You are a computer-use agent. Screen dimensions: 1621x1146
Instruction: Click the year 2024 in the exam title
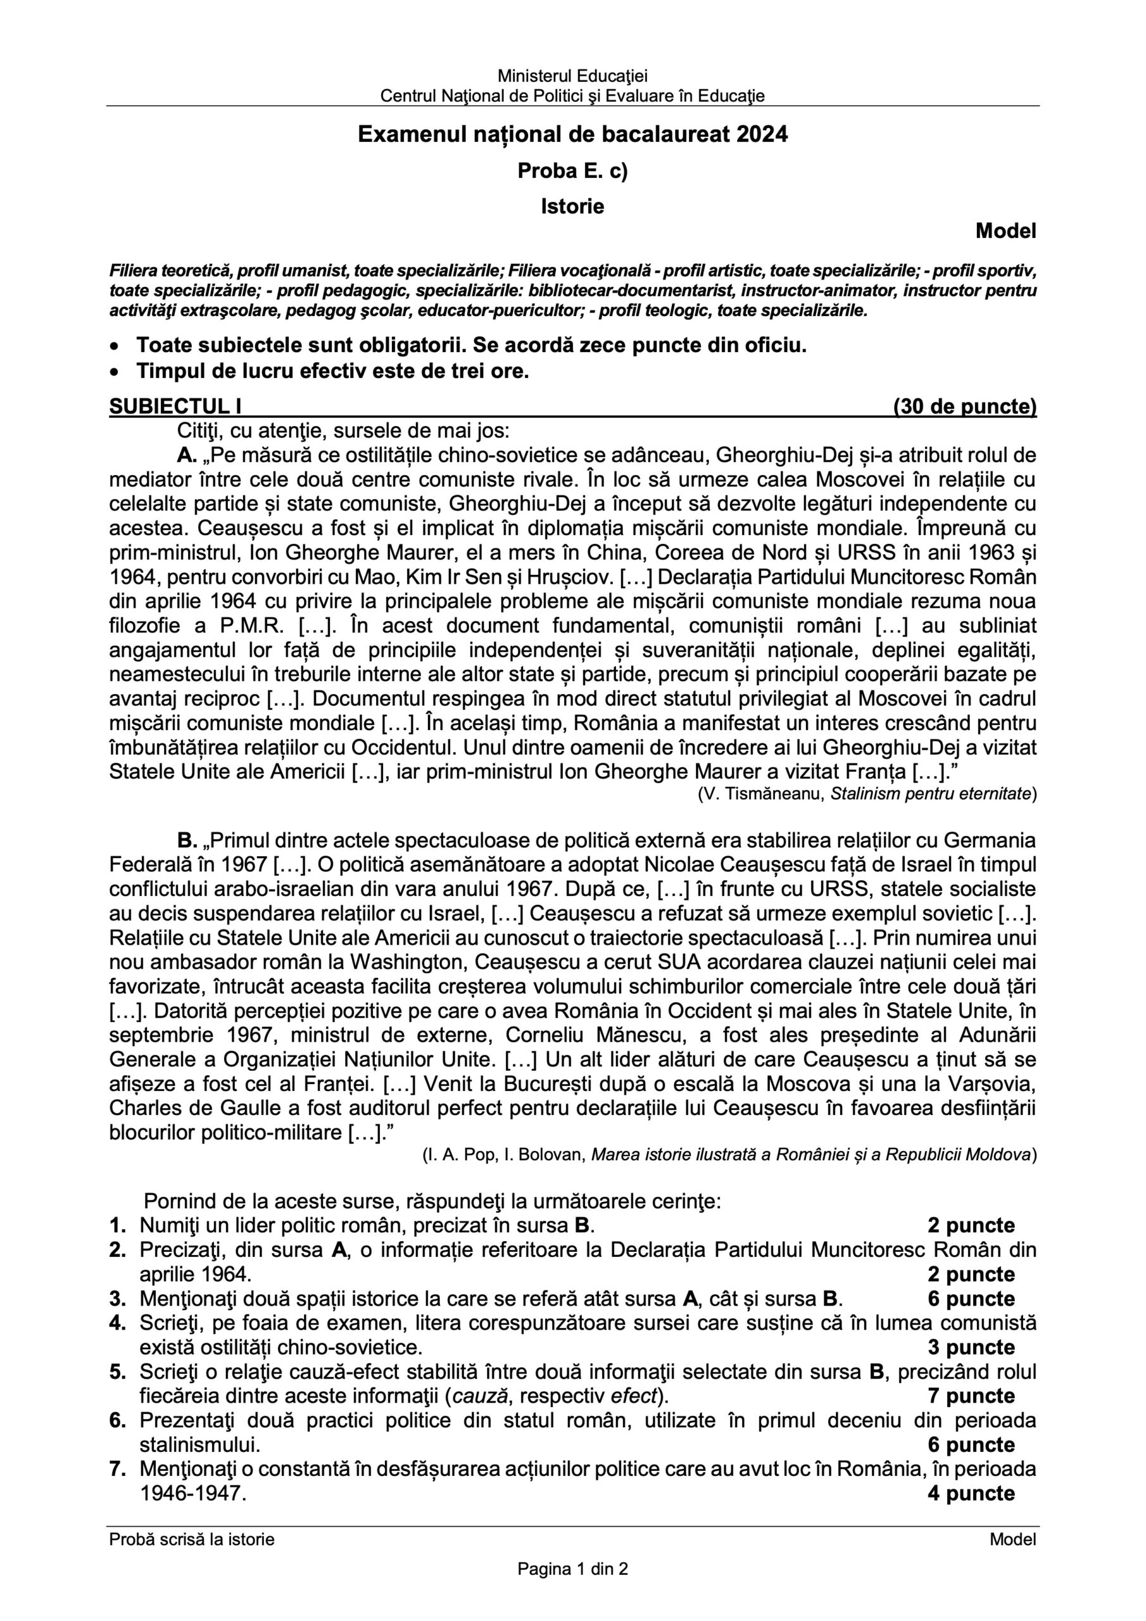pos(762,134)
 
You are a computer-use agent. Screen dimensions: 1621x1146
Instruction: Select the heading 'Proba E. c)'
pos(572,171)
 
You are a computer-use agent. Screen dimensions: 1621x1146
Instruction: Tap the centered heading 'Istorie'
pos(572,206)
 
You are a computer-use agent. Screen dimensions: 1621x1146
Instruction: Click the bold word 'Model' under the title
pos(1005,231)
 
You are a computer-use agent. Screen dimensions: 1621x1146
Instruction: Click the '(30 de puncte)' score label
pos(964,407)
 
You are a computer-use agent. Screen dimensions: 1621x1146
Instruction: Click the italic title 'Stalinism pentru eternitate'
pos(930,793)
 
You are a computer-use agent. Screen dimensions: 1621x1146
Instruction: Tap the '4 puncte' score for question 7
pos(971,1493)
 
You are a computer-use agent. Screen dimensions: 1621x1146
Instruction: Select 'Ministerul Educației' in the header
pos(572,75)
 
